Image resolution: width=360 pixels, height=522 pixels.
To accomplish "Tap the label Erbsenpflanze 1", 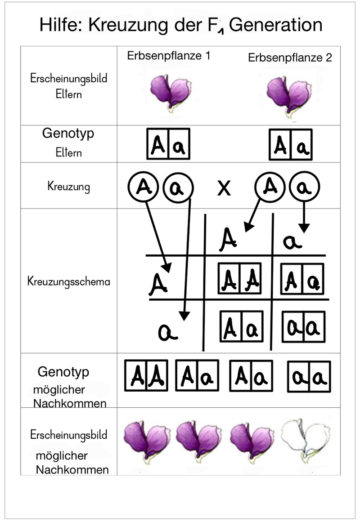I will tap(169, 56).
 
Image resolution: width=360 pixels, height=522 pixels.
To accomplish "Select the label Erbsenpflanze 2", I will tap(290, 58).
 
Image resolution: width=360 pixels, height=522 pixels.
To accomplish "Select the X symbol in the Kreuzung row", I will tap(224, 189).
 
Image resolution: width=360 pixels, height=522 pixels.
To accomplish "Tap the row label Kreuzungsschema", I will tap(69, 282).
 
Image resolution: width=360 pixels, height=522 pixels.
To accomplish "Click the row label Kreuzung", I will tap(68, 186).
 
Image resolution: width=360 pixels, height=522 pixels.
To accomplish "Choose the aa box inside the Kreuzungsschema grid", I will tap(301, 327).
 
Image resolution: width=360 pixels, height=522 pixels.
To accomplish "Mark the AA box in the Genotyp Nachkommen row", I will tap(146, 376).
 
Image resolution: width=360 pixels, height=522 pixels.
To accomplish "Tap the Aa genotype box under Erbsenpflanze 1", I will tap(168, 144).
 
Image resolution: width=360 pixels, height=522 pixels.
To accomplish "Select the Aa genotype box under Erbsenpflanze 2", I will tap(290, 144).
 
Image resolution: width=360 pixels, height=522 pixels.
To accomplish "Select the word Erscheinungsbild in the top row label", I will tap(69, 78).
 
